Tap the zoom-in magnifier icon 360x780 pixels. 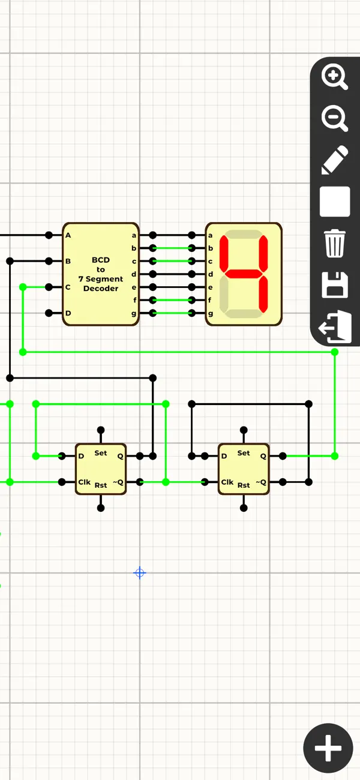click(x=335, y=77)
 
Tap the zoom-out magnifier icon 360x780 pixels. click(x=335, y=118)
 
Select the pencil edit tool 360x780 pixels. click(x=335, y=160)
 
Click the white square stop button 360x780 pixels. click(x=335, y=202)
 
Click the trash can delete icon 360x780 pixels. click(x=335, y=243)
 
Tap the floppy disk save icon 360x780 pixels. click(x=335, y=284)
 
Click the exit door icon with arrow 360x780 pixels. click(x=335, y=326)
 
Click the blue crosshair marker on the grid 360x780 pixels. click(x=139, y=573)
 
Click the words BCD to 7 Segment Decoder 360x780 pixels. click(x=101, y=274)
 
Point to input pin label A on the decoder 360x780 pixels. click(x=68, y=235)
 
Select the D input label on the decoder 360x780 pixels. click(x=68, y=313)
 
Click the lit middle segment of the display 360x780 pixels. click(x=243, y=274)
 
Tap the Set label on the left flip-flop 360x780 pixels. click(x=101, y=453)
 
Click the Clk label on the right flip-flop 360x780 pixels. click(x=227, y=482)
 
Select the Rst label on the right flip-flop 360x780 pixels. click(x=244, y=485)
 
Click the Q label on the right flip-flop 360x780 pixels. click(x=263, y=457)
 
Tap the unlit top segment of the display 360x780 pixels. click(x=243, y=234)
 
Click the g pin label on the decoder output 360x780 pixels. click(x=134, y=313)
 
